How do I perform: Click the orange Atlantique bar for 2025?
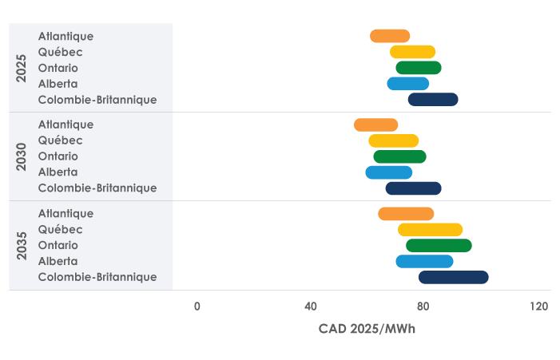pyautogui.click(x=390, y=36)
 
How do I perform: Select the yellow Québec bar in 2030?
pyautogui.click(x=393, y=140)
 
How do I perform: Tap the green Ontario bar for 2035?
pyautogui.click(x=439, y=245)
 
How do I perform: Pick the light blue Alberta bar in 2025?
pyautogui.click(x=407, y=84)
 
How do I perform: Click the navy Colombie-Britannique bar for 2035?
pyautogui.click(x=453, y=277)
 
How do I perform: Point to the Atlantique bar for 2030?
pyautogui.click(x=375, y=125)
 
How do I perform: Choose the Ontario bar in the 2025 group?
pyautogui.click(x=419, y=68)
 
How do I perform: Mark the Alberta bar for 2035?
pyautogui.click(x=424, y=261)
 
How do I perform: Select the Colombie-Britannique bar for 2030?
pyautogui.click(x=413, y=188)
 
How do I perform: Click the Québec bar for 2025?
pyautogui.click(x=412, y=52)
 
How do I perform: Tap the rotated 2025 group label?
pyautogui.click(x=22, y=68)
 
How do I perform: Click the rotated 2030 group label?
pyautogui.click(x=22, y=156)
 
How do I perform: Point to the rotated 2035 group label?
pyautogui.click(x=22, y=245)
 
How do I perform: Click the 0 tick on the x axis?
pyautogui.click(x=197, y=307)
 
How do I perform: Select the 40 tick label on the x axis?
pyautogui.click(x=311, y=307)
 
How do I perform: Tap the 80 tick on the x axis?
pyautogui.click(x=423, y=307)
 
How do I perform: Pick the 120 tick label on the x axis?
pyautogui.click(x=539, y=307)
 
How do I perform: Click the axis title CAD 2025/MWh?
pyautogui.click(x=367, y=329)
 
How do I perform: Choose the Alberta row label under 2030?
pyautogui.click(x=58, y=172)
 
